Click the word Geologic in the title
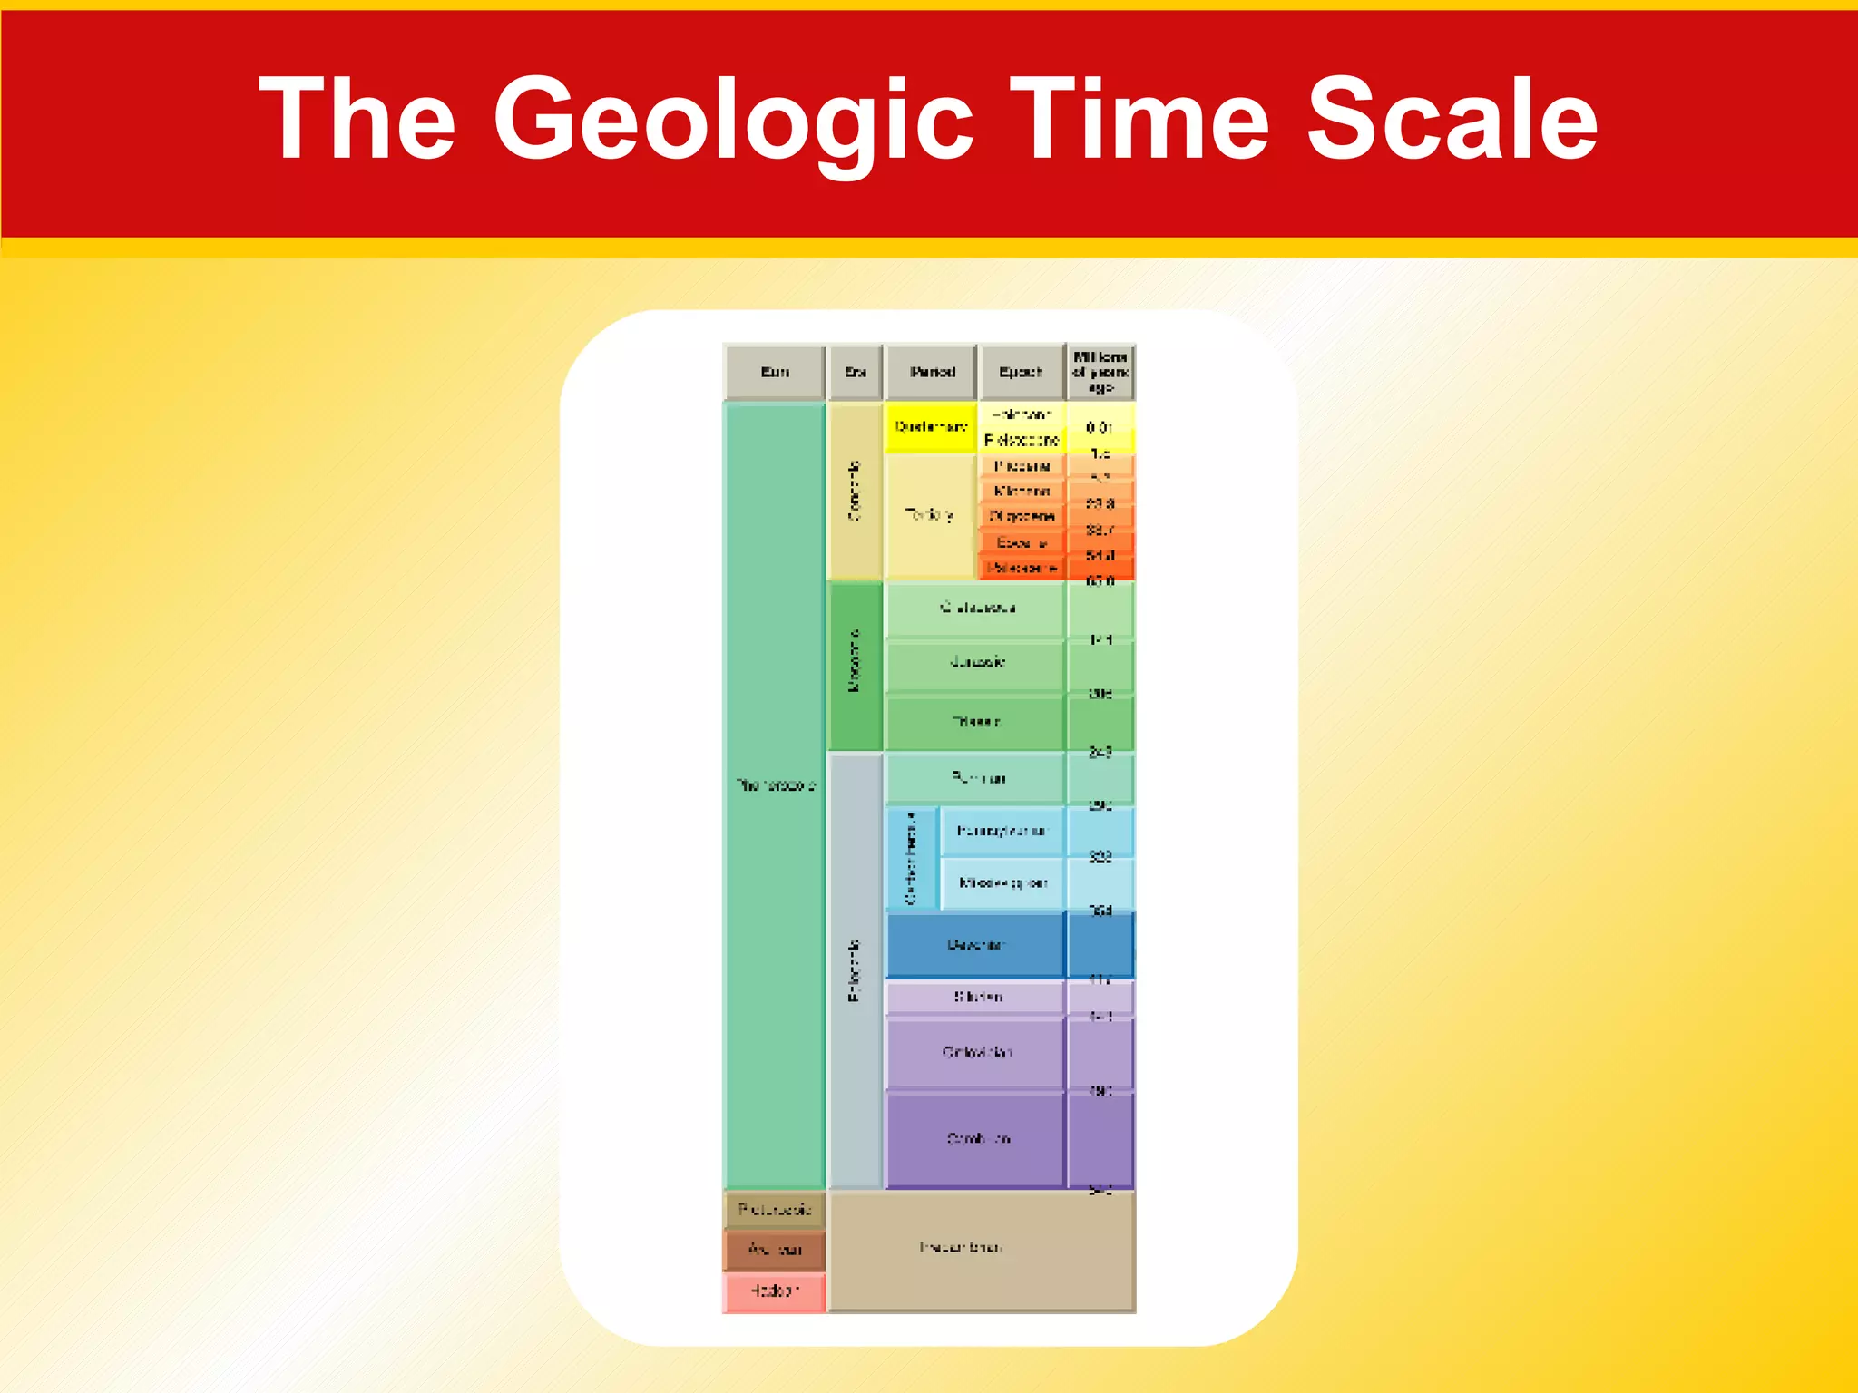733,120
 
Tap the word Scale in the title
1452,120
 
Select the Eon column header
775,372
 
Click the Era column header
856,372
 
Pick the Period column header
932,372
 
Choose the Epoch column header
1021,372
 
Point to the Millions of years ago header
1100,372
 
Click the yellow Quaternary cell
931,426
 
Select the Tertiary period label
929,515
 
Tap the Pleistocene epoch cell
1022,440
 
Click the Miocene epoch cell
1022,491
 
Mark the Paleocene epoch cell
1022,568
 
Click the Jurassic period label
976,662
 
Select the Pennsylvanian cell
1001,831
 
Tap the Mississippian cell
1002,882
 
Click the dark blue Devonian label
975,945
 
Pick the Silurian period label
977,997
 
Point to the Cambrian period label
977,1138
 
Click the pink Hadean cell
774,1291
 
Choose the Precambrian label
960,1248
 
